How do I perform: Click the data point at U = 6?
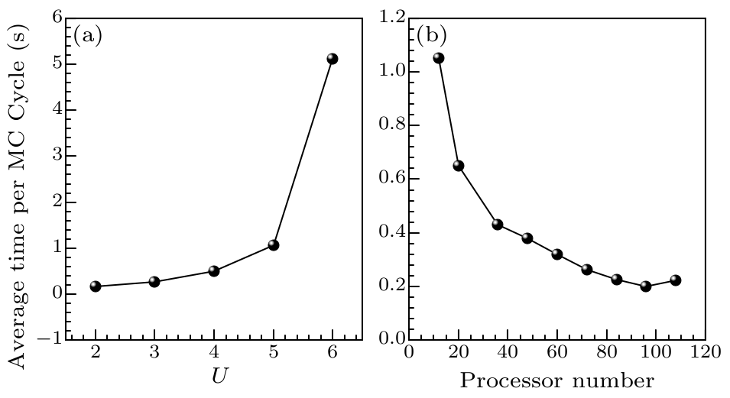tap(332, 59)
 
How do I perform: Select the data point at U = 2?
tap(96, 286)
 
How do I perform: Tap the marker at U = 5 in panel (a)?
tap(273, 245)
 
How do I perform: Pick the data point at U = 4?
tap(214, 271)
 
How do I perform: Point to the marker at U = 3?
tap(154, 282)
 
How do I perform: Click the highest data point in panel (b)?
tap(438, 58)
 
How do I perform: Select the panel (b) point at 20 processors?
tap(459, 166)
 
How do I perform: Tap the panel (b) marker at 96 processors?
tap(646, 286)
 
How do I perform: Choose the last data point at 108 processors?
tap(675, 280)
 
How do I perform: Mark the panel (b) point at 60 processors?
tap(557, 254)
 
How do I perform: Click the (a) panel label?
tap(88, 36)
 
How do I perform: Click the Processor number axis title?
tap(556, 380)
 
